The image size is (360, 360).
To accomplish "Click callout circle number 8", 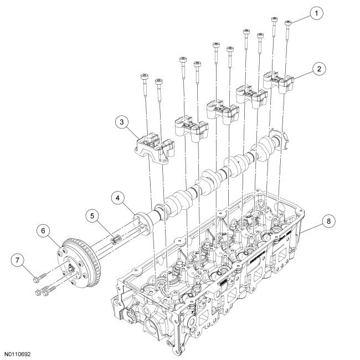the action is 329,220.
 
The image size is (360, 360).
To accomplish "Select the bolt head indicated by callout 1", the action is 287,23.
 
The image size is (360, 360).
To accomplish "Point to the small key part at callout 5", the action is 116,239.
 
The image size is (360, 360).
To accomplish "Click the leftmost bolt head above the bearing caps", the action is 144,77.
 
